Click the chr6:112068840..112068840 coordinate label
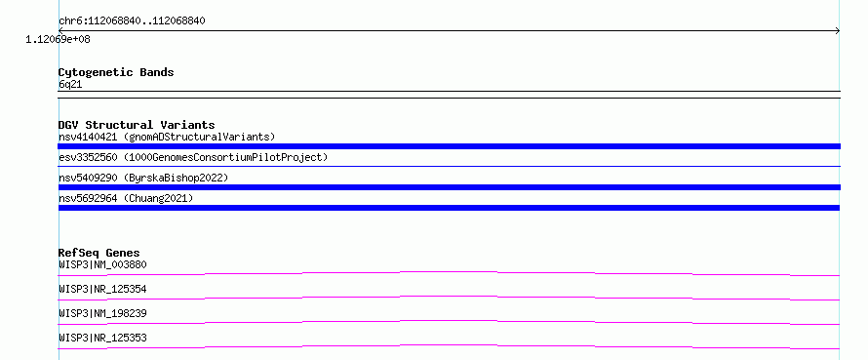click(x=133, y=21)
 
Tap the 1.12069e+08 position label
click(x=59, y=40)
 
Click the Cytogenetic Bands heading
click(x=116, y=72)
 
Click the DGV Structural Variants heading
click(x=137, y=125)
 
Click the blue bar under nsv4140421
click(x=449, y=146)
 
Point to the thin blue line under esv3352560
click(x=449, y=166)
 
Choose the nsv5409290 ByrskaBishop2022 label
click(x=143, y=178)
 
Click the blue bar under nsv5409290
click(x=449, y=187)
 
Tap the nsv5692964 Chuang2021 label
click(x=126, y=198)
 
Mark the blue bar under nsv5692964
click(x=449, y=208)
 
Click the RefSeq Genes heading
click(x=99, y=253)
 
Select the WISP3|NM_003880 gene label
click(x=102, y=264)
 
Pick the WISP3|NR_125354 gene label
click(x=102, y=289)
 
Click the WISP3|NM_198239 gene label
click(x=102, y=313)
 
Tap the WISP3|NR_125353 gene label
click(x=102, y=338)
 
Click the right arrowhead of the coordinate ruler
click(x=839, y=31)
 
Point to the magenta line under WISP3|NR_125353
click(x=449, y=346)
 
